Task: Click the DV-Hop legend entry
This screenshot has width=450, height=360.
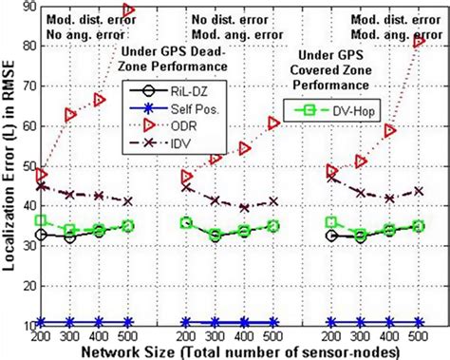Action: [340, 111]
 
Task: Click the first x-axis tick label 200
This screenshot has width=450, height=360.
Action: [41, 336]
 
